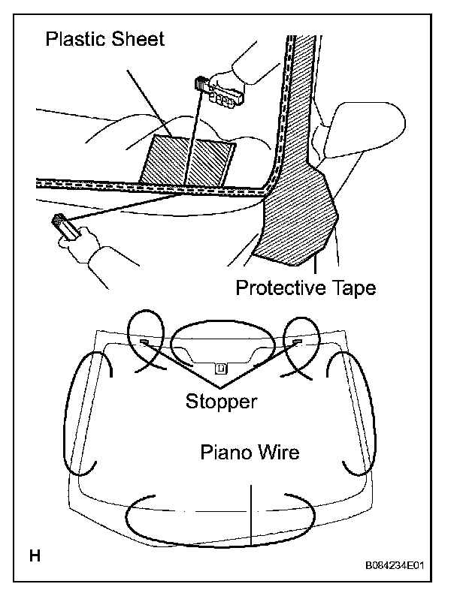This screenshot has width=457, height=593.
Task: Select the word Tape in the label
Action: point(353,287)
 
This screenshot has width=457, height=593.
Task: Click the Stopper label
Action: point(221,401)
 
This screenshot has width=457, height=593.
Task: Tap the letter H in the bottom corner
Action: point(35,555)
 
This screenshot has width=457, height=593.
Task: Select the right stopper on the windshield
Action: point(298,343)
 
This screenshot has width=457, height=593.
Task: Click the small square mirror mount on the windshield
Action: point(220,368)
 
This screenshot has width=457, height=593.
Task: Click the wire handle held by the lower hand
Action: point(62,226)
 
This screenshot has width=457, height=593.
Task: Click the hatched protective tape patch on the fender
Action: point(296,218)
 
